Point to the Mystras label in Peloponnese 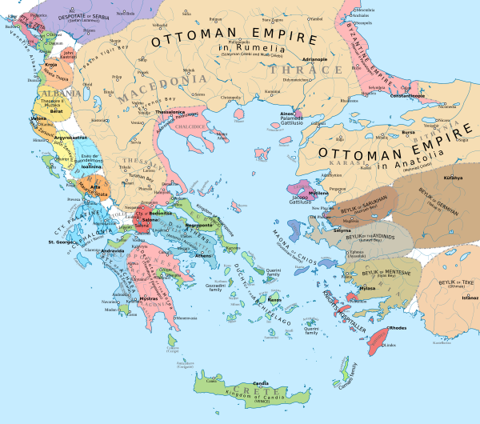150,298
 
